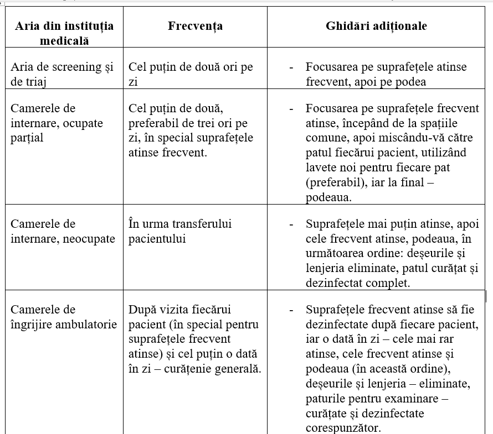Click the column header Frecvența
(195, 27)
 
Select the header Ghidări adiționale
(376, 27)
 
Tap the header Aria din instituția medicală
(64, 33)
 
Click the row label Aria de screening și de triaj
(62, 74)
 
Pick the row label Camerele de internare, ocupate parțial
(57, 123)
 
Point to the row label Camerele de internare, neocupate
(63, 231)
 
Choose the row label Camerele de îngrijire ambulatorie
(64, 317)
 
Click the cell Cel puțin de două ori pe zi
(191, 74)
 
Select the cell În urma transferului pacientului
(180, 231)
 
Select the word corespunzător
(343, 428)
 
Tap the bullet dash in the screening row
(291, 67)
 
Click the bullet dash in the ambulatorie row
(291, 310)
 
